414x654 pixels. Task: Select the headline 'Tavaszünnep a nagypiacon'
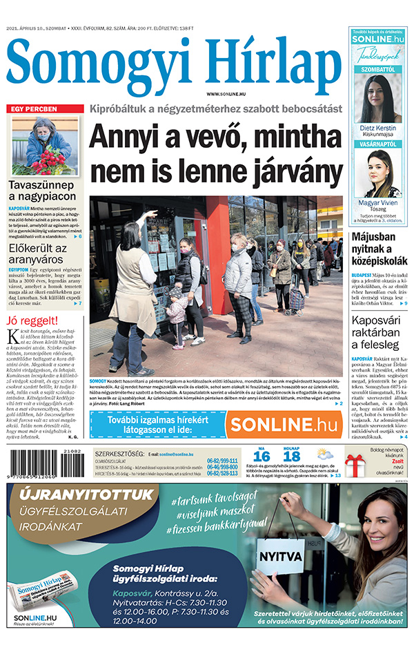tap(42, 191)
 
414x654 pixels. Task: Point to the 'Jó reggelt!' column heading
tap(32, 320)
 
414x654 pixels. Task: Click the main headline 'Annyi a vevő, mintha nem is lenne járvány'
tap(215, 151)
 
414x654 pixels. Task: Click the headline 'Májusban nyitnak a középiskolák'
tap(379, 251)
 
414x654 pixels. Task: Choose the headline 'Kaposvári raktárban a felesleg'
tap(379, 333)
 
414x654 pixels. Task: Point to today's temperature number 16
tap(261, 456)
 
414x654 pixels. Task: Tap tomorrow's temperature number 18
tap(292, 456)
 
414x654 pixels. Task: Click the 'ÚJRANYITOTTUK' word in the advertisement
tap(86, 494)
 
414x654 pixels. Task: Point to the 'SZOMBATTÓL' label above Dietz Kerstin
tap(377, 70)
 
